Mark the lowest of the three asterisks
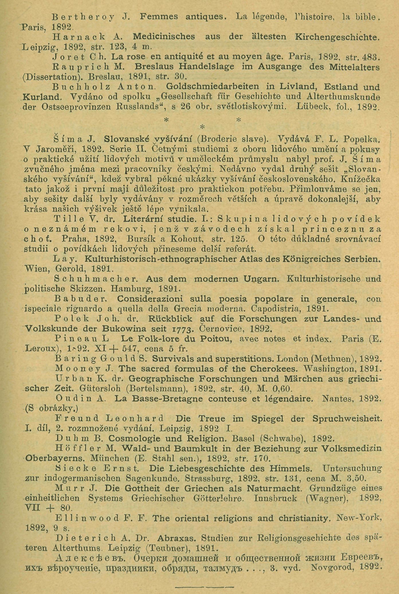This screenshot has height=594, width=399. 202,127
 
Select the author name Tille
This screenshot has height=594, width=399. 69,219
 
